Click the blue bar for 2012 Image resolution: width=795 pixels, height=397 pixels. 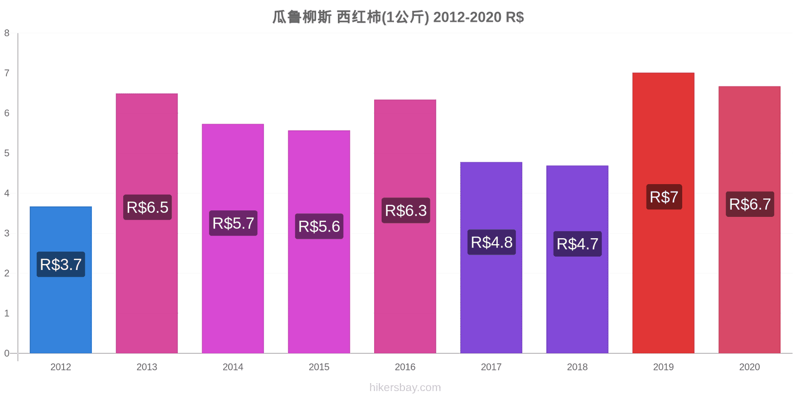pyautogui.click(x=61, y=280)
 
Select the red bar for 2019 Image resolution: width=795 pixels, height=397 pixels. pyautogui.click(x=663, y=213)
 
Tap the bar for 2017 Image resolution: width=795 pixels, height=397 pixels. pyautogui.click(x=491, y=258)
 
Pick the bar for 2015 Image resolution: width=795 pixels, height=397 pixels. pyautogui.click(x=319, y=242)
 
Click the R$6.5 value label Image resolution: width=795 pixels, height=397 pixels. pyautogui.click(x=147, y=207)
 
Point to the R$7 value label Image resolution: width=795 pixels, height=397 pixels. pyautogui.click(x=664, y=197)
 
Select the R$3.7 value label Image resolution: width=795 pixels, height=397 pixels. pyautogui.click(x=61, y=265)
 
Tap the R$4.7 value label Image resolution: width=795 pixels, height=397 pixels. pyautogui.click(x=577, y=244)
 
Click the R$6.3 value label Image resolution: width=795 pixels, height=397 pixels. pyautogui.click(x=405, y=210)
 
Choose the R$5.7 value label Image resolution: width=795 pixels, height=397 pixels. pyautogui.click(x=233, y=223)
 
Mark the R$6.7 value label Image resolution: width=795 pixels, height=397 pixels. pyautogui.click(x=750, y=204)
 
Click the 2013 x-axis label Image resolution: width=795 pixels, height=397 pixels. pyautogui.click(x=147, y=367)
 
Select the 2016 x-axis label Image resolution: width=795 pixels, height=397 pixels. pyautogui.click(x=405, y=367)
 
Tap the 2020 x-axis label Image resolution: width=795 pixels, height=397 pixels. pyautogui.click(x=749, y=367)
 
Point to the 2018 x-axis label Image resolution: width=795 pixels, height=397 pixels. pyautogui.click(x=577, y=367)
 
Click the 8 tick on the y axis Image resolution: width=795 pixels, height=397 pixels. pyautogui.click(x=7, y=33)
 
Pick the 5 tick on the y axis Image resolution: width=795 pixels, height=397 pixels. pyautogui.click(x=7, y=153)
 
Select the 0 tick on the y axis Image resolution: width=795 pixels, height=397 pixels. pyautogui.click(x=7, y=353)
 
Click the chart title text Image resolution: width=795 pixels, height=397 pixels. pyautogui.click(x=398, y=17)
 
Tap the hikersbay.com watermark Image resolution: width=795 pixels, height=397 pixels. pyautogui.click(x=405, y=387)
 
